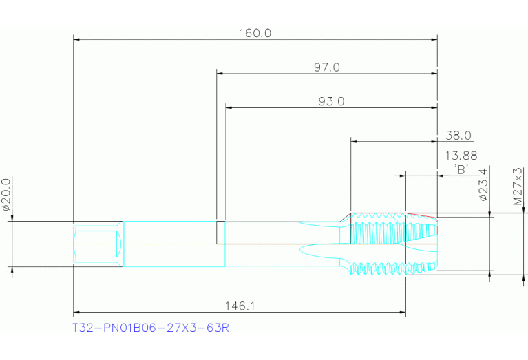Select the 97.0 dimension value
(x=327, y=67)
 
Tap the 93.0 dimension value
(x=331, y=101)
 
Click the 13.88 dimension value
(x=461, y=156)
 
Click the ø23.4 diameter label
(x=483, y=184)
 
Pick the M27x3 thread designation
(x=518, y=184)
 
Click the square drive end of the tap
(x=97, y=244)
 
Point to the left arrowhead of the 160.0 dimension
(x=78, y=39)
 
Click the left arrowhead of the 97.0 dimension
(x=221, y=72)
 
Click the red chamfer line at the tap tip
(x=421, y=214)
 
